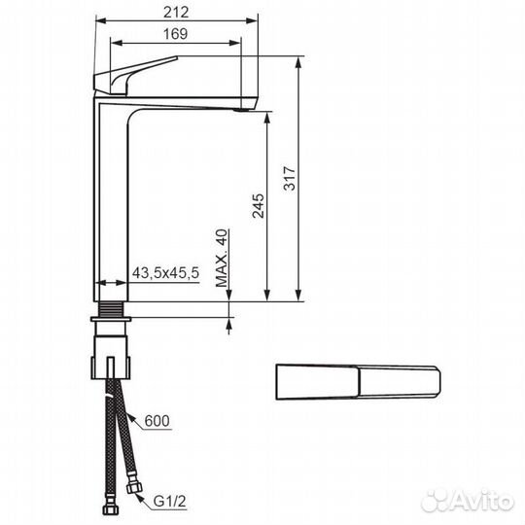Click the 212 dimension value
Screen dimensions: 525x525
176,13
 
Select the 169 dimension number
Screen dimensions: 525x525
175,34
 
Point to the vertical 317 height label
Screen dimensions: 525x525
290,178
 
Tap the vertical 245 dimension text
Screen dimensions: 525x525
259,205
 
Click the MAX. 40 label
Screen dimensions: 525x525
222,259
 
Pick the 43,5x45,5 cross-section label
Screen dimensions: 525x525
165,273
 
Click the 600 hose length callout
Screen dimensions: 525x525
157,421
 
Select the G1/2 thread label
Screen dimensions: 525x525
169,502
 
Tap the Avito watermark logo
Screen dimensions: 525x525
468,502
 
